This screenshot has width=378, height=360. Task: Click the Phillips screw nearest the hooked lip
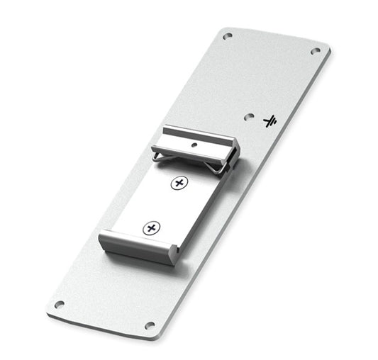click(x=150, y=228)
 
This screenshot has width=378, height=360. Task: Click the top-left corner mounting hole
click(x=227, y=35)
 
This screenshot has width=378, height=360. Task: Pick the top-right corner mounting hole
click(x=316, y=51)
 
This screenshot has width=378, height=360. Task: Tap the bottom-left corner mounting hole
click(x=59, y=305)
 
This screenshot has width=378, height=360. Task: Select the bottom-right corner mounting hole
click(x=150, y=325)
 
